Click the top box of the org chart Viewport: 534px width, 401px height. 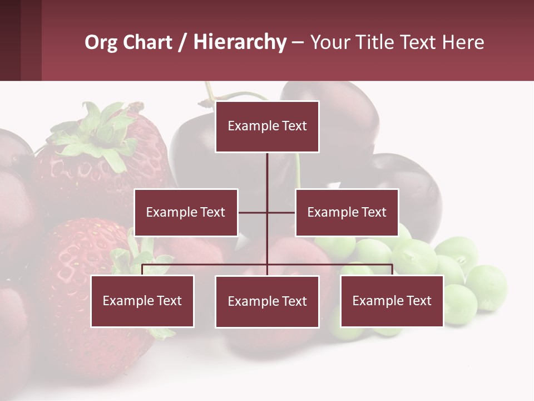tap(267, 126)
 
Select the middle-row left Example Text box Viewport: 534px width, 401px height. tap(186, 212)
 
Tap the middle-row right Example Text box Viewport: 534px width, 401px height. tap(347, 212)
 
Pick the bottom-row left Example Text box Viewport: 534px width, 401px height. tap(142, 301)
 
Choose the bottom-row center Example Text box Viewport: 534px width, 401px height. tap(267, 301)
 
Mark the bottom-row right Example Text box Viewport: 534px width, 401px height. tap(392, 301)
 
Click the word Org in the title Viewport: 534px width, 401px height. tap(101, 42)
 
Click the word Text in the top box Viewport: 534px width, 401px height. tap(294, 126)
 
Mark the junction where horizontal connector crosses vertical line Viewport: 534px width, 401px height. tap(267, 212)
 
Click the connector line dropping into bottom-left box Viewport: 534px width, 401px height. tap(142, 270)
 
